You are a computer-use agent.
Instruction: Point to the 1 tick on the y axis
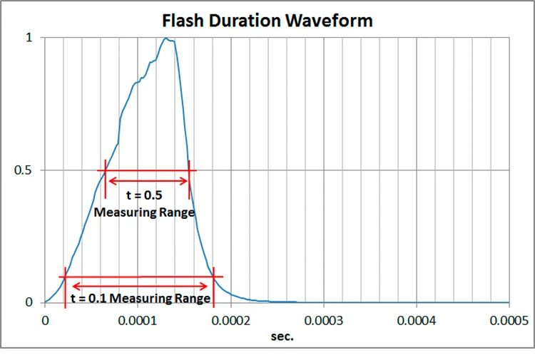(29, 37)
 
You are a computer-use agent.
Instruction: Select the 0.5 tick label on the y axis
(25, 170)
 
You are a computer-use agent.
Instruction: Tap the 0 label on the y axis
(29, 302)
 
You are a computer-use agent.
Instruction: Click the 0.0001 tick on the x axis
(138, 320)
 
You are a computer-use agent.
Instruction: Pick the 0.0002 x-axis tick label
(230, 320)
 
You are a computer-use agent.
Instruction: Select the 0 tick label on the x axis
(45, 320)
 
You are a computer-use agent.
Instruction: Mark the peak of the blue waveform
(167, 38)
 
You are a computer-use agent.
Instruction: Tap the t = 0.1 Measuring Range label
(140, 297)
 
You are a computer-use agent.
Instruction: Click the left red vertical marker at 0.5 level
(106, 178)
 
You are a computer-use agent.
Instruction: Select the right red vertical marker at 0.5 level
(189, 178)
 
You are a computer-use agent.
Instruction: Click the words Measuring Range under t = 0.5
(145, 212)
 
